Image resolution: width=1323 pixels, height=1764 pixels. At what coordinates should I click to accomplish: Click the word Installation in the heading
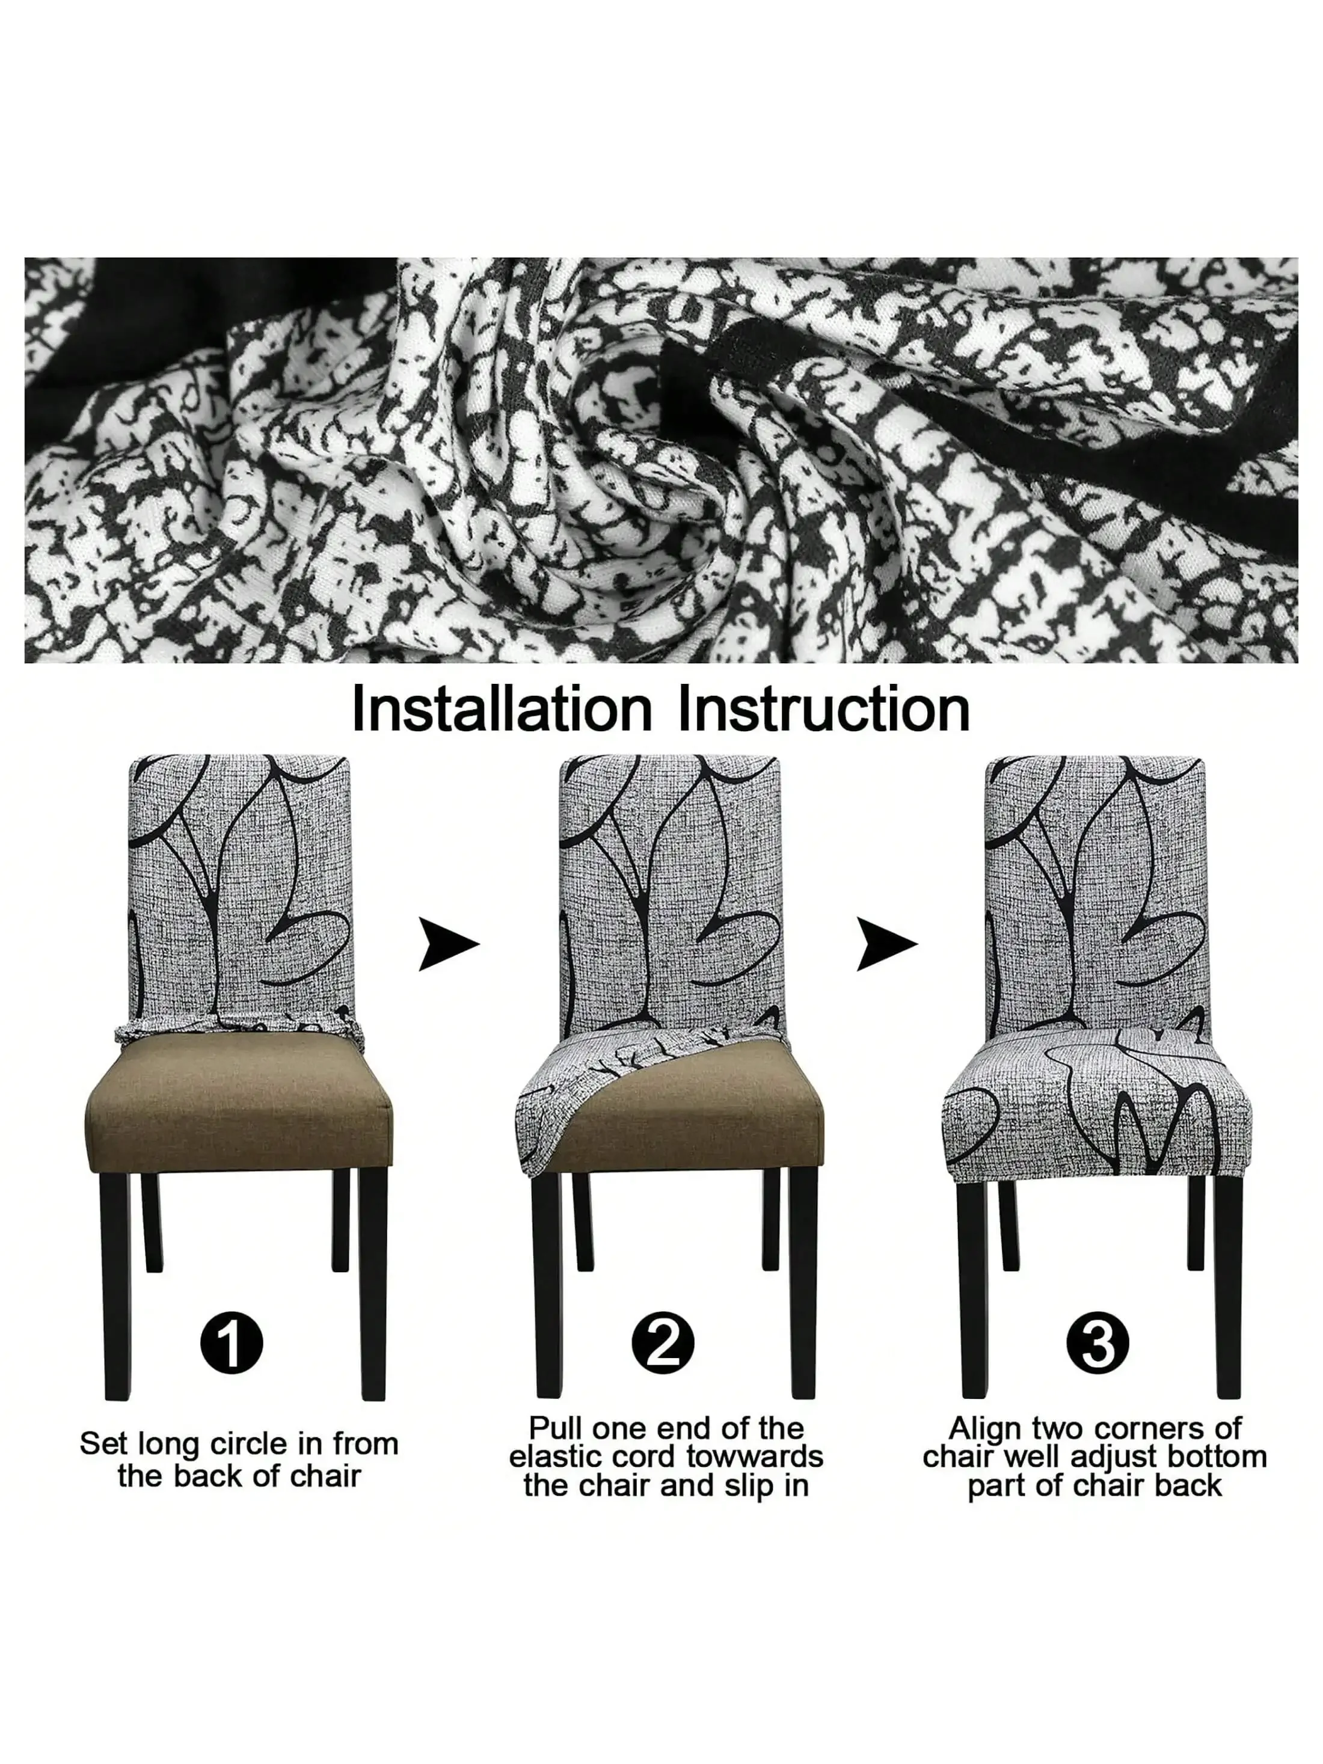click(502, 708)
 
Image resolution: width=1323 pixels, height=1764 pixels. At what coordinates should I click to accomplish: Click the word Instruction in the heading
click(824, 708)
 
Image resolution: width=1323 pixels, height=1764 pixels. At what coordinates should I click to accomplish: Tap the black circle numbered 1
click(232, 1342)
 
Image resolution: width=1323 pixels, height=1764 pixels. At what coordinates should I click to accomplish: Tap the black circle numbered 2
click(662, 1342)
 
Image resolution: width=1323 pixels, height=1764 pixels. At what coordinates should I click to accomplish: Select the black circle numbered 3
click(1097, 1342)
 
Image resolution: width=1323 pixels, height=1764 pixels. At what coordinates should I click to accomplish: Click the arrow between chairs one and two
click(448, 944)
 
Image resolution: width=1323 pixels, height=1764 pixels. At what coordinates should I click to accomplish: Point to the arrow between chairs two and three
click(885, 944)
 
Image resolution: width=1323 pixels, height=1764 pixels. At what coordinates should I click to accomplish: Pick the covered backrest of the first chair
click(239, 885)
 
